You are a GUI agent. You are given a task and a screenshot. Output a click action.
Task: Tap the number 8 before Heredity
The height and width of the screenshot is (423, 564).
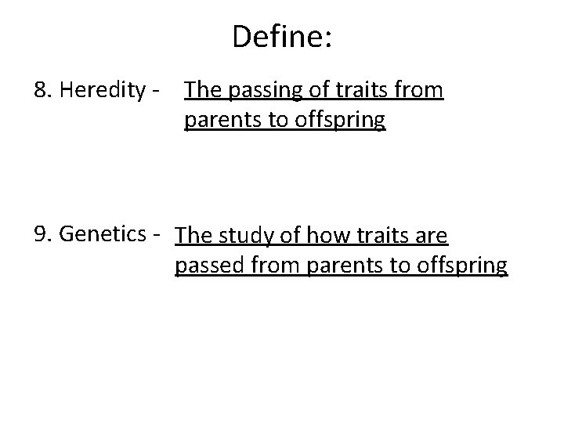40,92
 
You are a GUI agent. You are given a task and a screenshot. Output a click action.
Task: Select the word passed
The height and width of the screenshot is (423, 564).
204,266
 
